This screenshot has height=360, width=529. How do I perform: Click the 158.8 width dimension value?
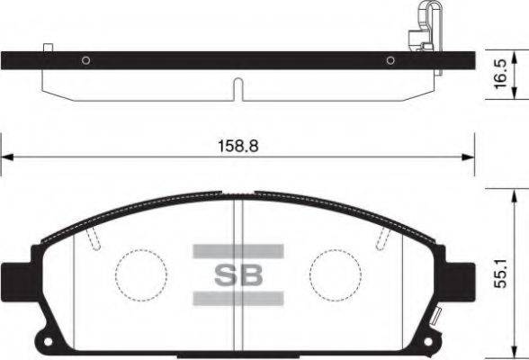[x=238, y=143]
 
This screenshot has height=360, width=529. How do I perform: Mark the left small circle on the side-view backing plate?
[x=85, y=61]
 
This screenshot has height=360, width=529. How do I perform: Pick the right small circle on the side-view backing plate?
[x=390, y=61]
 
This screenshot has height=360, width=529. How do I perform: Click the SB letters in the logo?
[x=238, y=274]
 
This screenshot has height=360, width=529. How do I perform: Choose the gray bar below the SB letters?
[x=238, y=299]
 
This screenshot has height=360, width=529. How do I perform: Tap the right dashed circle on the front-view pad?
[x=334, y=271]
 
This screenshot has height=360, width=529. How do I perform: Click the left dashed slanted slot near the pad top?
[x=93, y=238]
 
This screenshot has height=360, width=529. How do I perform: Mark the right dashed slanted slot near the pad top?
[x=383, y=238]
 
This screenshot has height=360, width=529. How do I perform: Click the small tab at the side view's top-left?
[x=49, y=46]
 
